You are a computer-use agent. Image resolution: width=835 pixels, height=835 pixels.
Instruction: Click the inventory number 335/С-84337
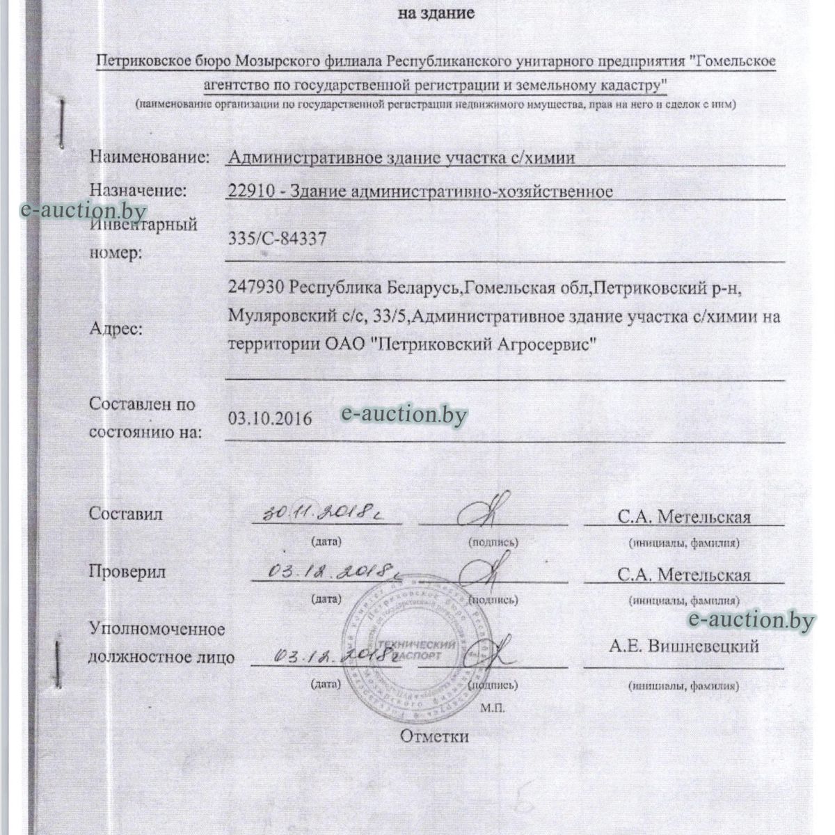(277, 239)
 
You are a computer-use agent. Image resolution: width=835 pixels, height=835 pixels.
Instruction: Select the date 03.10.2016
(270, 418)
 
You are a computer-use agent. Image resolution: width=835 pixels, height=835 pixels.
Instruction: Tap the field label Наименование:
(149, 157)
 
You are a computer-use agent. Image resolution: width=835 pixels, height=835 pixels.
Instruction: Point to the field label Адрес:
(116, 329)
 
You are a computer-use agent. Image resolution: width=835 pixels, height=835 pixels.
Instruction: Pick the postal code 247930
(255, 287)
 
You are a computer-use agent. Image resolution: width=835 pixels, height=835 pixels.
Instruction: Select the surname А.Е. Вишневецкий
(684, 646)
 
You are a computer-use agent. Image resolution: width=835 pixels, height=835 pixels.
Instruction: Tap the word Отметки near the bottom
(434, 736)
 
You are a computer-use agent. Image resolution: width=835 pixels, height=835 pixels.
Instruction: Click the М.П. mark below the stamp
(490, 708)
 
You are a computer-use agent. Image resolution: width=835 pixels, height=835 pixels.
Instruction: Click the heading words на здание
(436, 13)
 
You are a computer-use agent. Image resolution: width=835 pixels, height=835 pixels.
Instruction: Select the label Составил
(125, 514)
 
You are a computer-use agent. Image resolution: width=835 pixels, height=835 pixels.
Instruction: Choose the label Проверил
(127, 572)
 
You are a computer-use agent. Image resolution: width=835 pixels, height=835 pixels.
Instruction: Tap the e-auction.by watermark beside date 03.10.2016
(404, 414)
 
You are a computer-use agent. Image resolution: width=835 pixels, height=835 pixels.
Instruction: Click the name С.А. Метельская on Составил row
(683, 517)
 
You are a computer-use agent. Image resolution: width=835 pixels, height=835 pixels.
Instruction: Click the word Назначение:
(138, 190)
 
